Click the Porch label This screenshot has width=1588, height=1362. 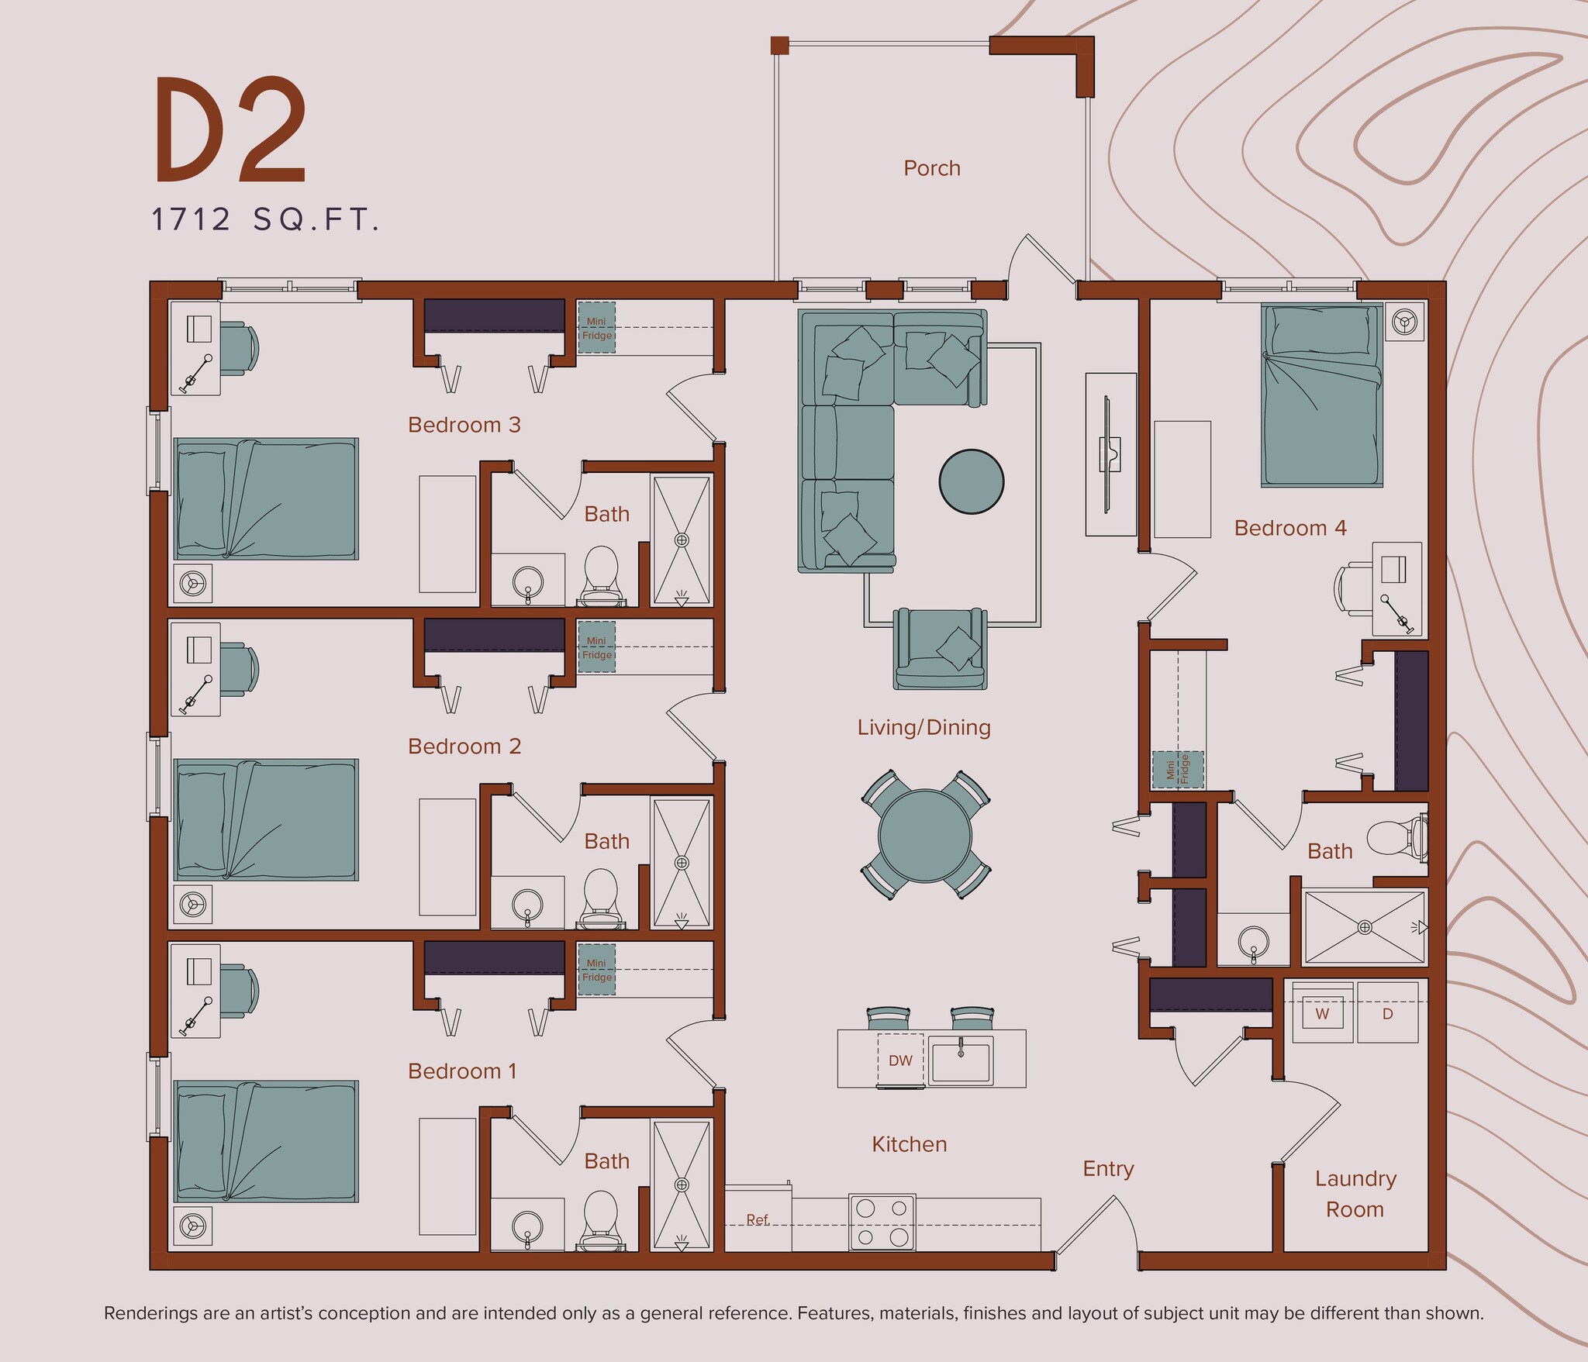coord(931,168)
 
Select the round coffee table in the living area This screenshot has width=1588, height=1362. coord(971,481)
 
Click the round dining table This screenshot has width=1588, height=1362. coord(925,836)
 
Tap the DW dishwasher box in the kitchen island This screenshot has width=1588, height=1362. coord(900,1060)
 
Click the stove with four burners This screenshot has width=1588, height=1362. coord(882,1221)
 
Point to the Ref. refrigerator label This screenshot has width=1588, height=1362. coord(758,1219)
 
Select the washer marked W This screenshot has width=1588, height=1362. coord(1322,1013)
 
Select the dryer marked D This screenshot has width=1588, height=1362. coord(1387,1013)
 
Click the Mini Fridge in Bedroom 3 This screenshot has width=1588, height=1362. coord(596,328)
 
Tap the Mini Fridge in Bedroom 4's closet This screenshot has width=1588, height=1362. coord(1177,770)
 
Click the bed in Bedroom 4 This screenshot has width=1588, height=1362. coord(1321,395)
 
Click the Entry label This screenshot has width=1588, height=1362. coord(1107,1168)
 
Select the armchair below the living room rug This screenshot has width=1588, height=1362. coord(941,648)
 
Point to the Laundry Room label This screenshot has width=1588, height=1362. coord(1355,1193)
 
